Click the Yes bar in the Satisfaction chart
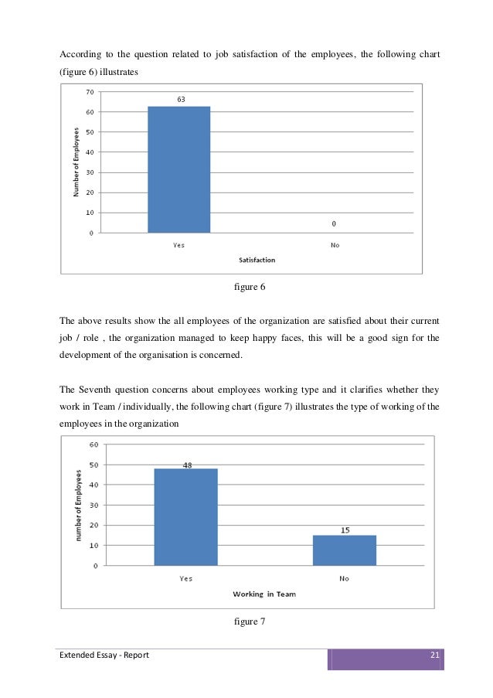tap(178, 169)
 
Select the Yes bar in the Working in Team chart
tap(185, 516)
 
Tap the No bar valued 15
tap(344, 550)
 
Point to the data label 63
tap(180, 99)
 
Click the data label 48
tap(186, 464)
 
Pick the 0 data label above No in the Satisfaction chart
tap(334, 224)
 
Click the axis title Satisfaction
tap(257, 260)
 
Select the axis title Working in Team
tap(265, 594)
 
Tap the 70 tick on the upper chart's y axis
tap(90, 92)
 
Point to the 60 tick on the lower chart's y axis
tap(93, 444)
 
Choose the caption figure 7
tap(249, 620)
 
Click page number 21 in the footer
tap(434, 656)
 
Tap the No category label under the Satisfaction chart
tap(334, 245)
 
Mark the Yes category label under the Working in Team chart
tap(185, 577)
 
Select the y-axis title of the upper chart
tap(76, 162)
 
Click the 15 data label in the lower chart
tap(344, 529)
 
